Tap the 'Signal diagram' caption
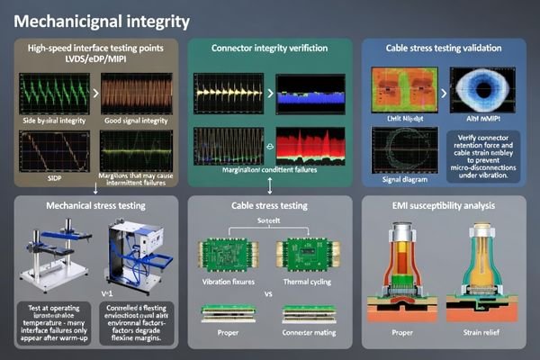point(403,178)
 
